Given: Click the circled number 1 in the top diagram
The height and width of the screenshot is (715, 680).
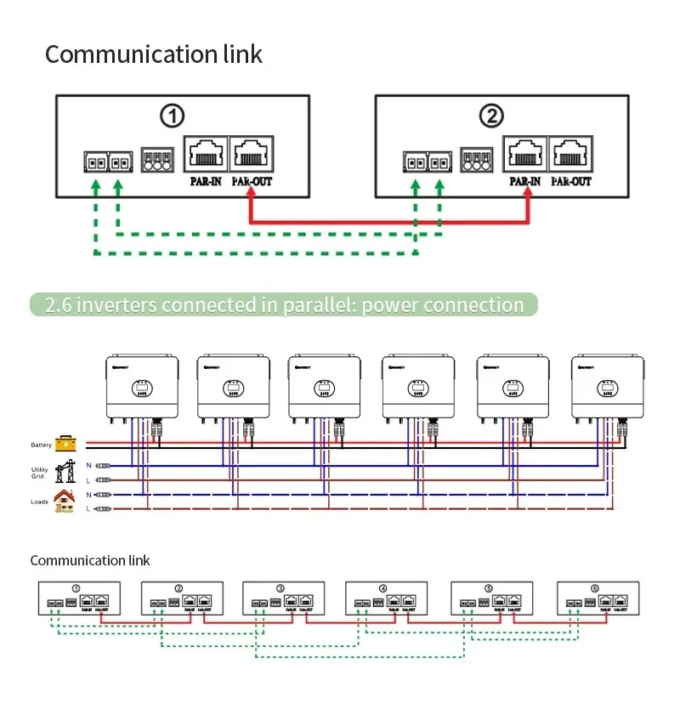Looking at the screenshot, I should (x=172, y=116).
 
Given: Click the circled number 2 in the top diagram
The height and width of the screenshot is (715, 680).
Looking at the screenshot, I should (x=491, y=116).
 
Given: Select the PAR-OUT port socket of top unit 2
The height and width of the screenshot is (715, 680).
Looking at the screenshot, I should (x=570, y=153).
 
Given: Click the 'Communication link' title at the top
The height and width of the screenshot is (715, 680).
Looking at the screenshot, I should (x=153, y=54).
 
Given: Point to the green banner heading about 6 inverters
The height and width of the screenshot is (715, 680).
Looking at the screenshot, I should (x=283, y=305).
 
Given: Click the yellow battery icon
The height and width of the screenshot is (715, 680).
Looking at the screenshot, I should (x=65, y=443).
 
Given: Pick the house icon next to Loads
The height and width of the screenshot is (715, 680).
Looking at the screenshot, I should (x=64, y=500).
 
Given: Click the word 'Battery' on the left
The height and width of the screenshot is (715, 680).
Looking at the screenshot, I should (x=41, y=445).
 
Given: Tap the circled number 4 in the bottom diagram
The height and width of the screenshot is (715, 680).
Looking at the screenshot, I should (x=382, y=588).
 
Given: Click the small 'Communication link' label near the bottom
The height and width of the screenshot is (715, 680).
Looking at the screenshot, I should (x=90, y=560).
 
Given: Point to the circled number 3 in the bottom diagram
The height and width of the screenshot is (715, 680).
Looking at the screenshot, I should (x=280, y=588).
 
